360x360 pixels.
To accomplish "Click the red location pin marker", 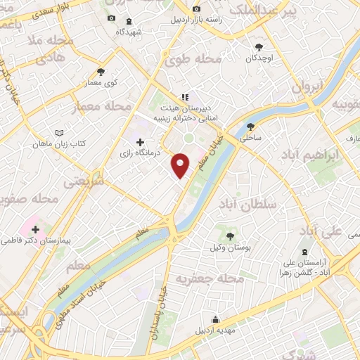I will click(181, 165).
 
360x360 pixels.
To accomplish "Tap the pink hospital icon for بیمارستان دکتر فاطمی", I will click(34, 229).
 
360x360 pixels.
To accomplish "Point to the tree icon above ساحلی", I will click(251, 127).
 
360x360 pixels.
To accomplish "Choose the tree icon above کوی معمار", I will click(101, 72).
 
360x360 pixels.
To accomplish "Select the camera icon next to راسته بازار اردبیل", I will click(196, 10).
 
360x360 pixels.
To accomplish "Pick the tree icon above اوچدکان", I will click(260, 46).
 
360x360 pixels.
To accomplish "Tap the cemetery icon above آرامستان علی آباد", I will click(304, 252).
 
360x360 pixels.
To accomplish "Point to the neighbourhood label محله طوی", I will click(193, 60).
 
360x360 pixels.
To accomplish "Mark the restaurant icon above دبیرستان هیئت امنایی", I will click(185, 97).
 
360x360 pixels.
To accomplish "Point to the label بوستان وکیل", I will click(229, 248).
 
